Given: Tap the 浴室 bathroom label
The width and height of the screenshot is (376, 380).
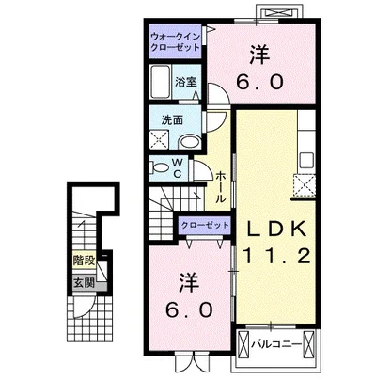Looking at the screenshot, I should (185, 82).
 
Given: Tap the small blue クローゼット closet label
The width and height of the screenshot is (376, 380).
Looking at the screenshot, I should (205, 226).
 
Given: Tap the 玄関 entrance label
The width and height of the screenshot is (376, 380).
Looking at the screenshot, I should (85, 281).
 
